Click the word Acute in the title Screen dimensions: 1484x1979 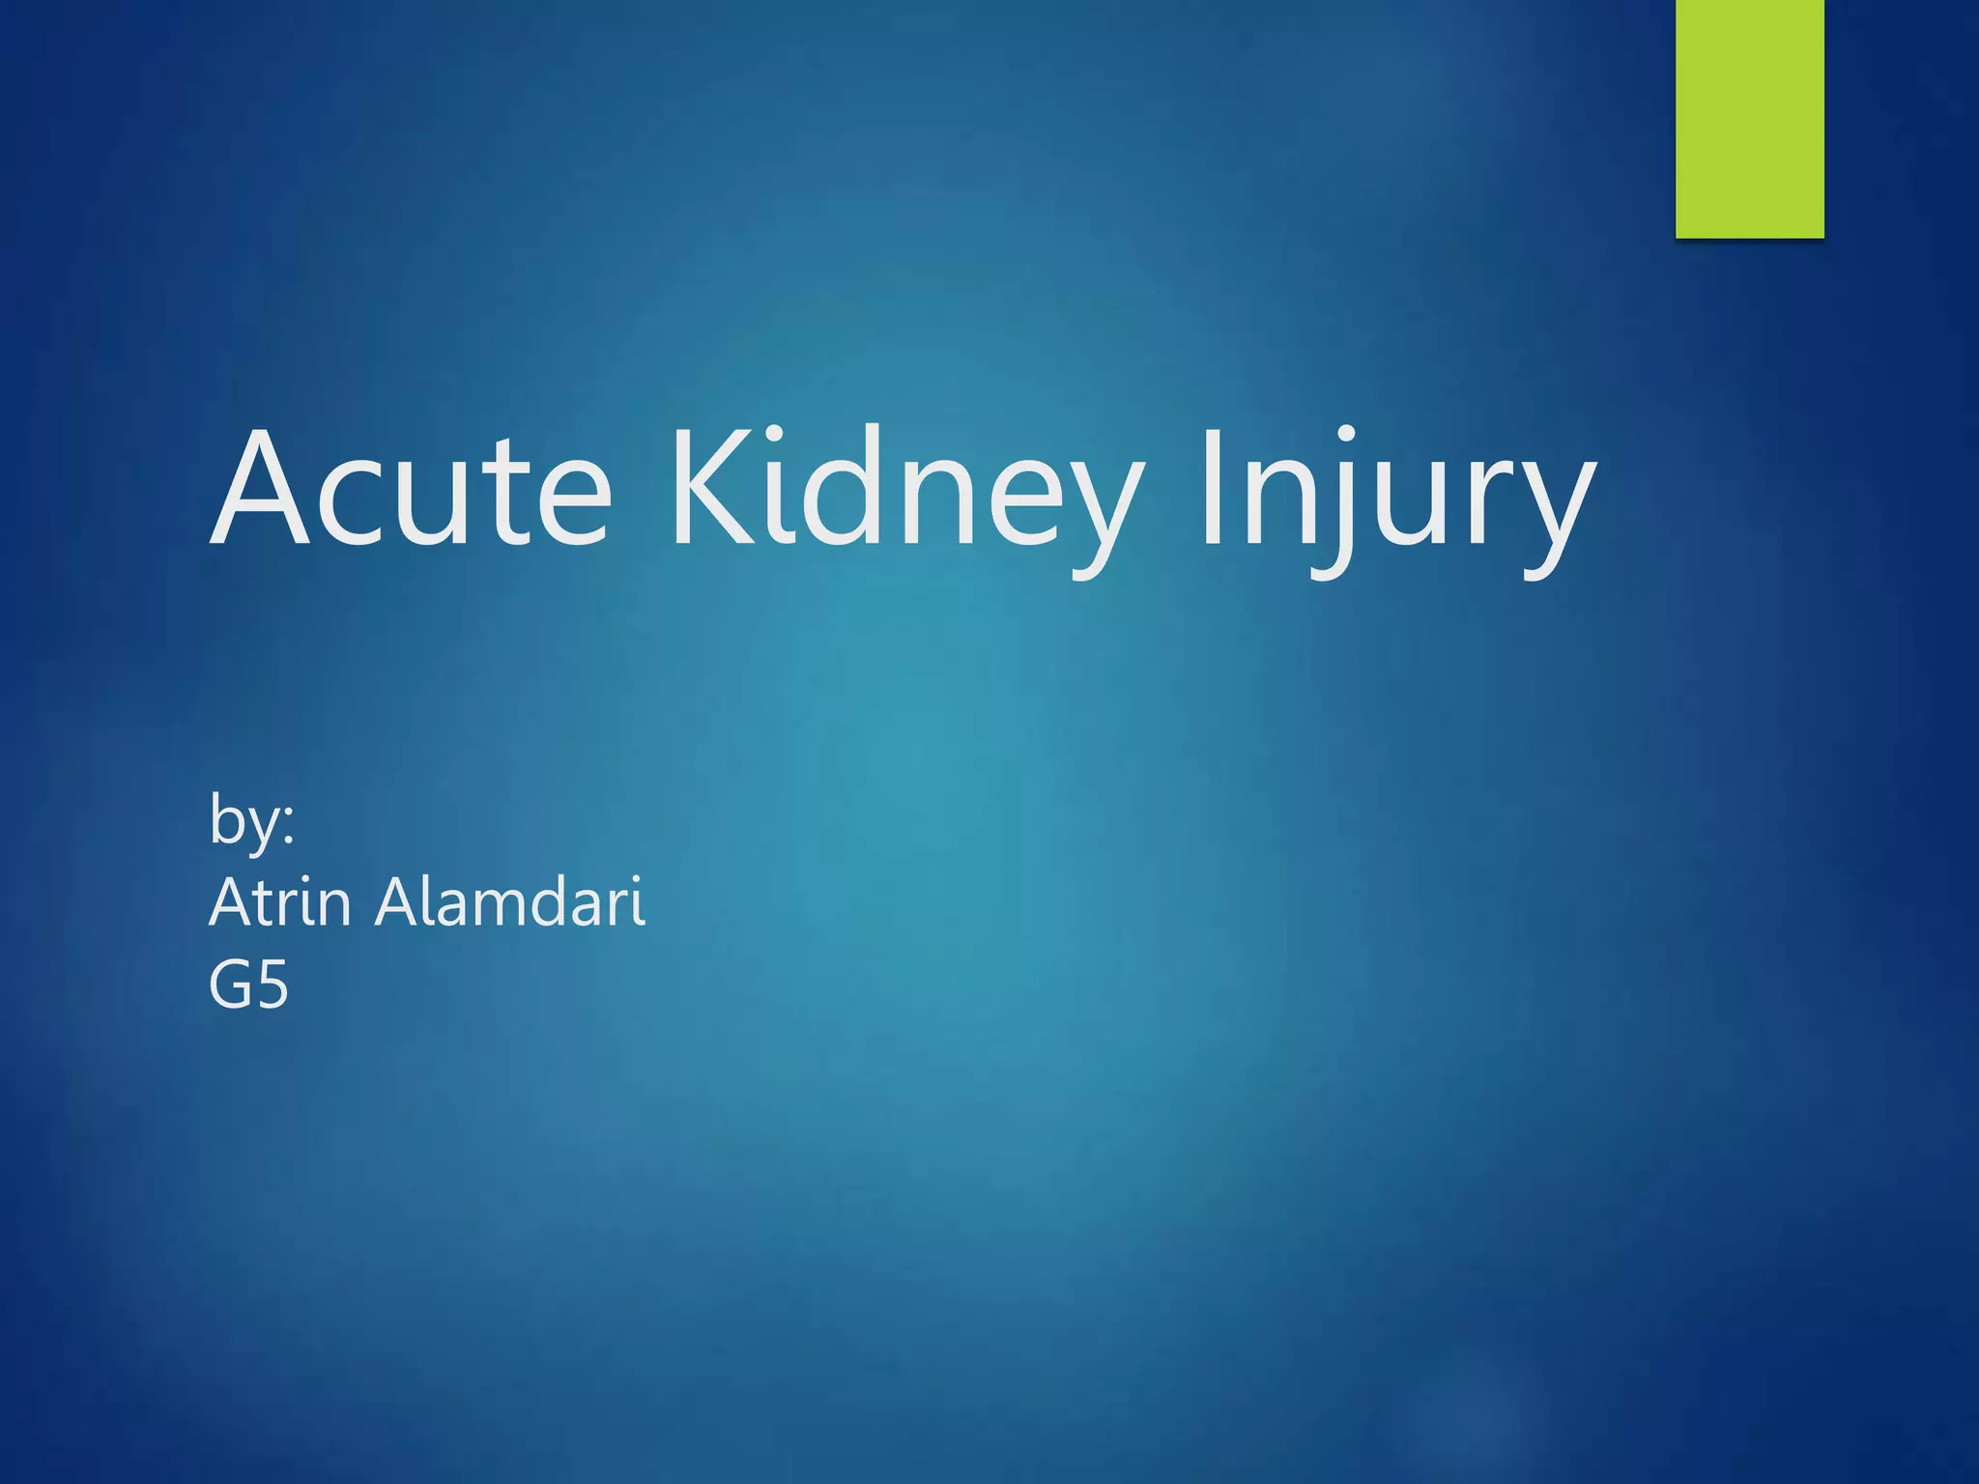[x=411, y=488]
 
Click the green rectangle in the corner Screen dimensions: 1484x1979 [x=1749, y=118]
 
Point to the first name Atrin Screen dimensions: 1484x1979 [x=279, y=902]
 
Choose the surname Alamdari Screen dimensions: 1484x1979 [x=509, y=902]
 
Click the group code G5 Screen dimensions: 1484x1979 [x=248, y=985]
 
